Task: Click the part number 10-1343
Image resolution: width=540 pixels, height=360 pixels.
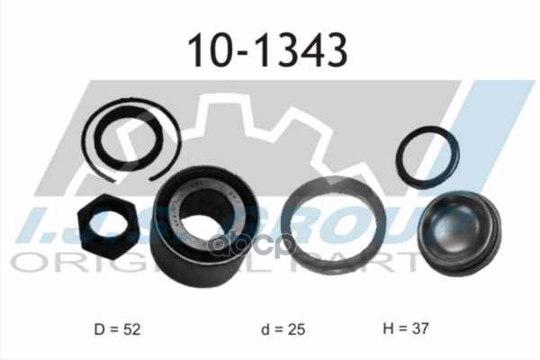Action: point(267,51)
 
